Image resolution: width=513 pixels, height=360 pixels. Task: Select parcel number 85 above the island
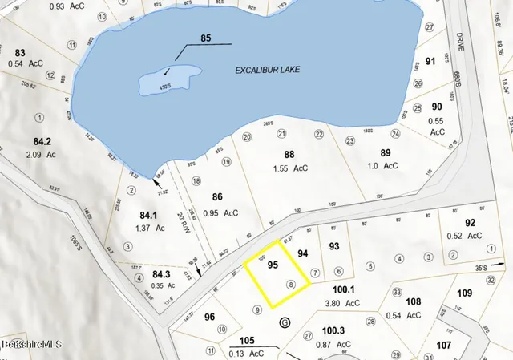(205, 38)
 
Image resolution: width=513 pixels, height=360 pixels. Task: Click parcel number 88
(289, 154)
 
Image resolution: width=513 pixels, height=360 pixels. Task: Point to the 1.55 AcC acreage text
(290, 169)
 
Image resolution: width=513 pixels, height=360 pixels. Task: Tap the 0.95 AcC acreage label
(220, 213)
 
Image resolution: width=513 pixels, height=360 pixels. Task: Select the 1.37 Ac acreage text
(151, 229)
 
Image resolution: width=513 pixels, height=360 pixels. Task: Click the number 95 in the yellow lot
(272, 265)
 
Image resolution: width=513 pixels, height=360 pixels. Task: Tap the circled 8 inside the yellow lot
(291, 284)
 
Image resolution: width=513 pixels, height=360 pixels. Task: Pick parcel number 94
(303, 253)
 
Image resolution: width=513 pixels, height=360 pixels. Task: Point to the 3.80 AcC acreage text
(343, 303)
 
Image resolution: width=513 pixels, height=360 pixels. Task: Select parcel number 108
(414, 301)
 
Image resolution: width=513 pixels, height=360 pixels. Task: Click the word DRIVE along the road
(460, 42)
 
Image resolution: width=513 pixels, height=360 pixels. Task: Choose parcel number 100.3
(333, 330)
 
